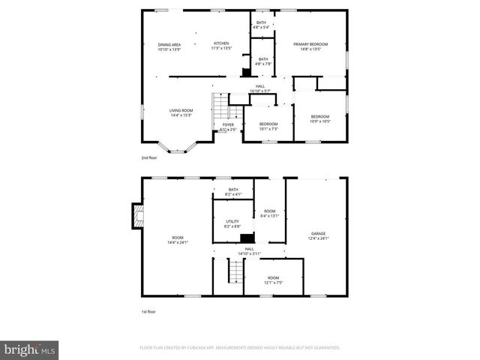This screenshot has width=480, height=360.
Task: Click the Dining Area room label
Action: point(169,46)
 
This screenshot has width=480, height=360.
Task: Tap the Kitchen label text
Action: point(221,46)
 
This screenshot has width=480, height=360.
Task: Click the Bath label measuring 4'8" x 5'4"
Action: point(261,25)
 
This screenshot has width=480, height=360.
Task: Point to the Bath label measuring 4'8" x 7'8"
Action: point(263,61)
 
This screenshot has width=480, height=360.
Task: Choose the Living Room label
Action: point(181,112)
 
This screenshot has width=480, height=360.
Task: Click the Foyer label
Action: point(228,127)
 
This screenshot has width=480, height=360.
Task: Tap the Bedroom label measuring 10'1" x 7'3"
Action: point(268,126)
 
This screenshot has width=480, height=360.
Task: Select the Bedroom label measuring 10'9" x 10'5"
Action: point(320,118)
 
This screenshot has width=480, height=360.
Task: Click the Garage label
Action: point(319,235)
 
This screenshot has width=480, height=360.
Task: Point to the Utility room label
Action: point(232,223)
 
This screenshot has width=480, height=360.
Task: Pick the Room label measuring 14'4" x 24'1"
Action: point(177,240)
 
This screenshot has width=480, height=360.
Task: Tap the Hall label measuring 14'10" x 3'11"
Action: point(249,251)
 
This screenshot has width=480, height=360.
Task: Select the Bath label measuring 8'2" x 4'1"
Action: point(232,192)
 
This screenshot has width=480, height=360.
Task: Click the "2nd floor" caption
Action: point(149,158)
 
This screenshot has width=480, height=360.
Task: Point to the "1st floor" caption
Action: point(149,311)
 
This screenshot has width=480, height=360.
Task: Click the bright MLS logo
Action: point(30,349)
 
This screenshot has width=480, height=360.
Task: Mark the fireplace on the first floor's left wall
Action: point(135,216)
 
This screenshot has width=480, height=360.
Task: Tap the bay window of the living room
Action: point(176,150)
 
